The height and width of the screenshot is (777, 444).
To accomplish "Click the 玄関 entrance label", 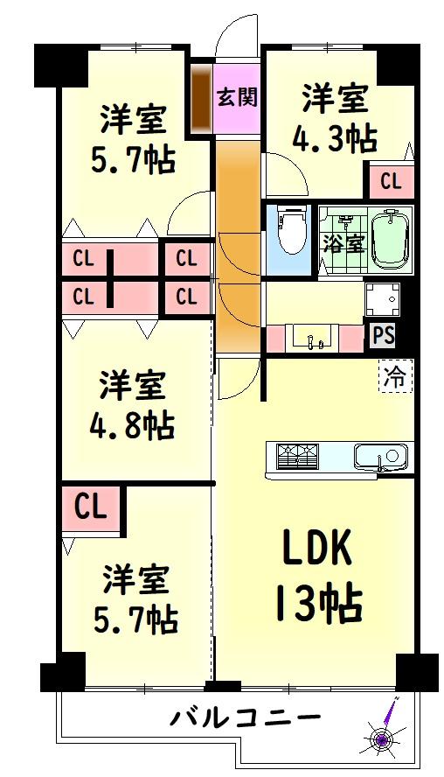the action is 238,97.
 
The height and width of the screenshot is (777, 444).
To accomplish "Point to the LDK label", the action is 316,547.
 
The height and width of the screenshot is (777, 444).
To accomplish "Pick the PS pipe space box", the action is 384,335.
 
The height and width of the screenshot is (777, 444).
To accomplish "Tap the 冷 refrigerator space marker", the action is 396,376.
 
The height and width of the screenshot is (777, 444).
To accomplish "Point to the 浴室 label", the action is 344,244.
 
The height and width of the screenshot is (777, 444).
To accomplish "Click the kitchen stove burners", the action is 297,456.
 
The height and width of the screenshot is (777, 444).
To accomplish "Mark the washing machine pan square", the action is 383,300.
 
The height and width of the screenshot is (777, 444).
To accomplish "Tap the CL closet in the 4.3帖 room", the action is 391,181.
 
